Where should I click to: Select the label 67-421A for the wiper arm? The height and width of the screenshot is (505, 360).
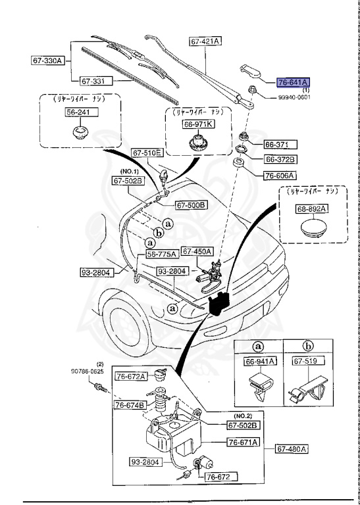(205, 41)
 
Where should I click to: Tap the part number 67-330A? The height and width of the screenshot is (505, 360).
(47, 60)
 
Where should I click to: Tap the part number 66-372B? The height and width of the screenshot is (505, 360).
(280, 159)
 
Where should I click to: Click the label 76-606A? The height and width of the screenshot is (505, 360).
(280, 176)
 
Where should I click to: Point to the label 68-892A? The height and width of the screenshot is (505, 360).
(311, 208)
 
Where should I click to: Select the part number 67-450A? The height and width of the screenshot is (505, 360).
(197, 251)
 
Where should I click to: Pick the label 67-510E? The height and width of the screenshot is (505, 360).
(147, 153)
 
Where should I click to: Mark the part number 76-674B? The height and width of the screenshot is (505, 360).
(130, 404)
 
